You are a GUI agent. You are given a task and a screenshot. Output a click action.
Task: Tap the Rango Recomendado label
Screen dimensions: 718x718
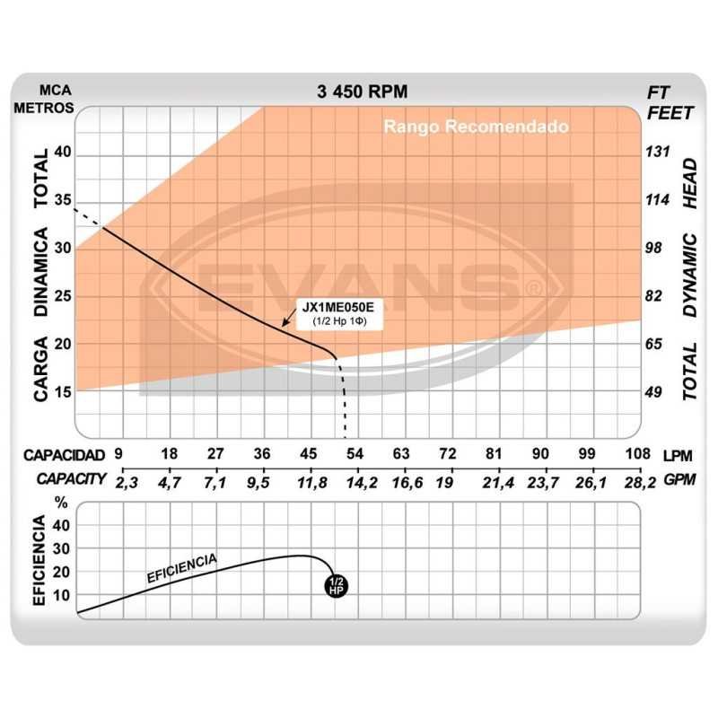(x=476, y=127)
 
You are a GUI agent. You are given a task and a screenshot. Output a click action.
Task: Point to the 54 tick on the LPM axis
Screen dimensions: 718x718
(x=355, y=454)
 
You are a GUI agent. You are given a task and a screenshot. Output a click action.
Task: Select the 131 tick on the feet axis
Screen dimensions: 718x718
(x=660, y=153)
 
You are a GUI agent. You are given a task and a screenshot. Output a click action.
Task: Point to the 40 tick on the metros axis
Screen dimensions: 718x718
(x=62, y=153)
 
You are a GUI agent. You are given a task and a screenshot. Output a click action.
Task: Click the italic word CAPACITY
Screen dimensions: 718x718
(x=72, y=480)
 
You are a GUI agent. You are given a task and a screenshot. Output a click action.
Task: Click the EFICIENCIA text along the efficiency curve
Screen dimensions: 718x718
(x=181, y=569)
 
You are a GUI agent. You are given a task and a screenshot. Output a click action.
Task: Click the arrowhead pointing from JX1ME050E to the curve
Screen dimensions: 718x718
(x=285, y=321)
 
